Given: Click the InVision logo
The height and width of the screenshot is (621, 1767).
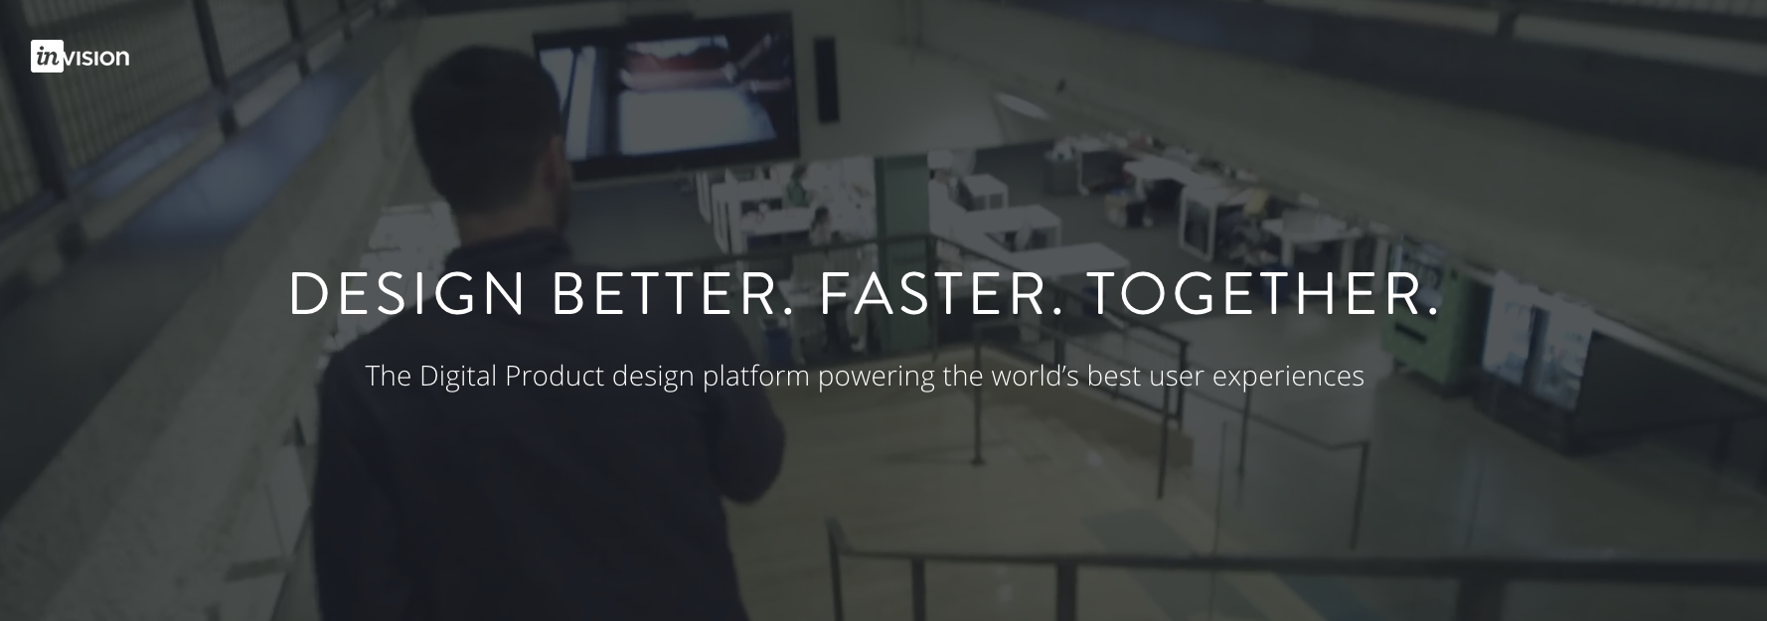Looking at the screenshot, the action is pos(80,57).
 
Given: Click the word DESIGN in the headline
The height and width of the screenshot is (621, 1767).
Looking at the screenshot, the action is pos(406,294).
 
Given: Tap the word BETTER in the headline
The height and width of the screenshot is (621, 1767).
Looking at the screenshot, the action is pos(675,294).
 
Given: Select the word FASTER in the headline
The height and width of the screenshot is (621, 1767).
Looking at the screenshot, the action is pos(940,294).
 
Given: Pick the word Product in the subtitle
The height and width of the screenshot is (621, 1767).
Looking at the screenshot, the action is pos(555,377).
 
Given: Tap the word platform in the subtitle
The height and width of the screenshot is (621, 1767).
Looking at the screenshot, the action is pos(755,378).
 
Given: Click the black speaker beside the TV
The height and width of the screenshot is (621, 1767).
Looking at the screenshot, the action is pos(824,80).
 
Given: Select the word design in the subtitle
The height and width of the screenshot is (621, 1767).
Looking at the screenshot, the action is pos(653,378).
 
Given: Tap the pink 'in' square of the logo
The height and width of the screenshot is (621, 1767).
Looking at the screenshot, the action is pos(47,57).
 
